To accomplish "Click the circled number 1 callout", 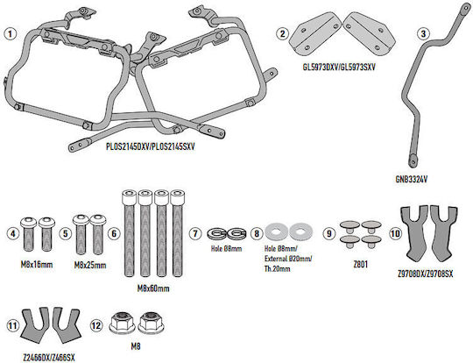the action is pyautogui.click(x=10, y=33).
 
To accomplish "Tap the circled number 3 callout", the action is pyautogui.click(x=423, y=33).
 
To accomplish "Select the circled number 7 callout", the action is pyautogui.click(x=195, y=233).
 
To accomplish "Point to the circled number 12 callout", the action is pyautogui.click(x=96, y=325).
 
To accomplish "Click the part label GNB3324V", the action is pyautogui.click(x=412, y=180).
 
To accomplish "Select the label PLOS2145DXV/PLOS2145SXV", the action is pyautogui.click(x=151, y=146).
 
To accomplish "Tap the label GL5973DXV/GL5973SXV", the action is pyautogui.click(x=339, y=67).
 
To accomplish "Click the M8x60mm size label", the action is pyautogui.click(x=153, y=288).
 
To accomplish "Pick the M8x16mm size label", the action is pyautogui.click(x=37, y=265).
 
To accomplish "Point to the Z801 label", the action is pyautogui.click(x=361, y=265).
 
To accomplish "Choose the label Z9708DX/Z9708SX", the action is pyautogui.click(x=426, y=274).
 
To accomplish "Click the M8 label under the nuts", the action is pyautogui.click(x=136, y=346).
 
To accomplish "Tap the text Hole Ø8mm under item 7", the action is pyautogui.click(x=226, y=249).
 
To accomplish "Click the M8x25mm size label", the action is pyautogui.click(x=90, y=266).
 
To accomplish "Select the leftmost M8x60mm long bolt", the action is pyautogui.click(x=129, y=233).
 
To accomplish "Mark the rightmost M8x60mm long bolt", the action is pyautogui.click(x=177, y=233).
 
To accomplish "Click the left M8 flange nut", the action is pyautogui.click(x=119, y=323).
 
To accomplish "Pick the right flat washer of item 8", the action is pyautogui.click(x=300, y=231).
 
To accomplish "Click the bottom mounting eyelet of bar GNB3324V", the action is pyautogui.click(x=412, y=160).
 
